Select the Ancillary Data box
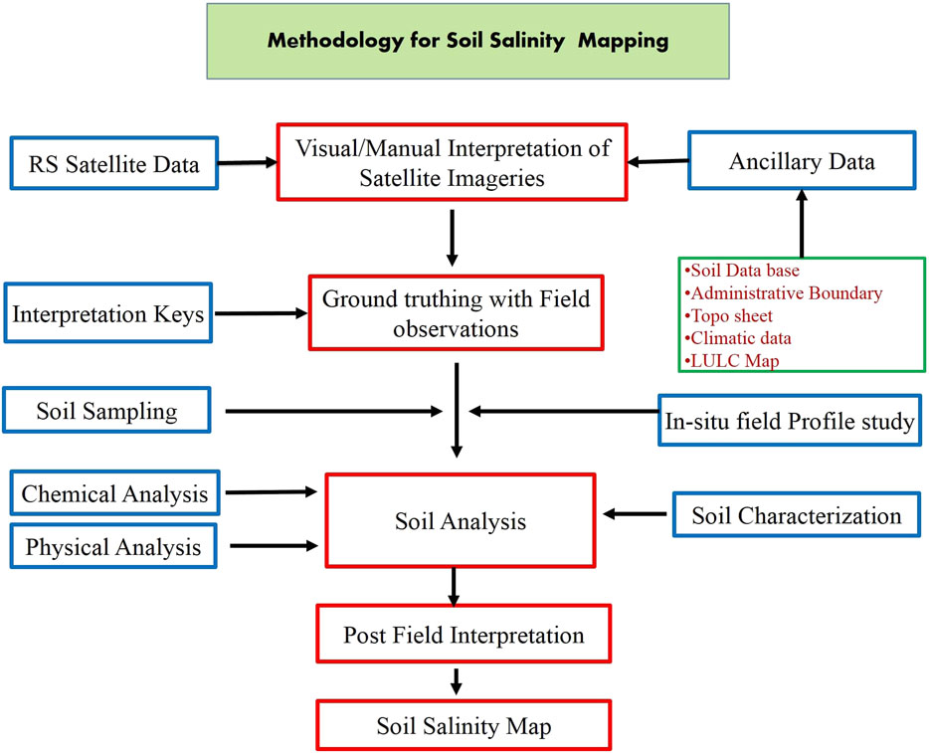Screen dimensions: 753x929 pyautogui.click(x=802, y=160)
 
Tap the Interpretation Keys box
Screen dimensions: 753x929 pyautogui.click(x=108, y=315)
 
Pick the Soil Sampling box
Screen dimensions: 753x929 pyautogui.click(x=107, y=410)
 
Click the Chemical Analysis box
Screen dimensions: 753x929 pyautogui.click(x=115, y=493)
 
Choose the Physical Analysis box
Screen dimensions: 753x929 pyautogui.click(x=113, y=546)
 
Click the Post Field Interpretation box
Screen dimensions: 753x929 pyautogui.click(x=464, y=635)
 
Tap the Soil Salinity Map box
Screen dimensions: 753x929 pyautogui.click(x=464, y=726)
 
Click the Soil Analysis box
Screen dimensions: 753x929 pyautogui.click(x=460, y=521)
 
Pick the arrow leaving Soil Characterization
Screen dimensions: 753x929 pyautogui.click(x=636, y=514)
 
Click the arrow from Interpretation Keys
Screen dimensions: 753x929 pyautogui.click(x=260, y=314)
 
